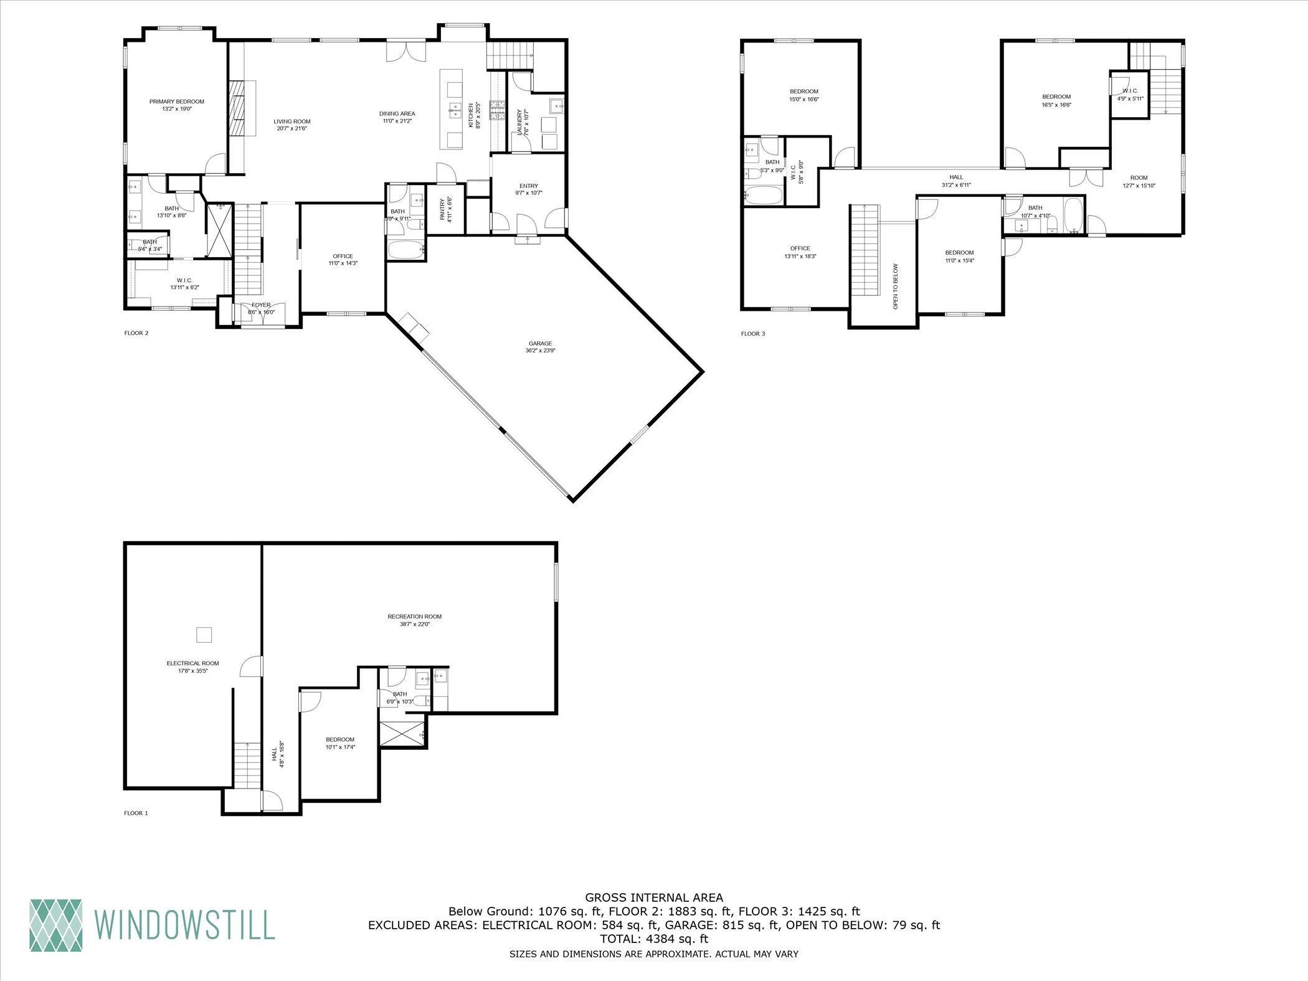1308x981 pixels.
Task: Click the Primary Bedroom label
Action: tap(176, 102)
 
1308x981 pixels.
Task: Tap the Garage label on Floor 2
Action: tap(540, 343)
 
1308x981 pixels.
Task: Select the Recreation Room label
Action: tap(414, 617)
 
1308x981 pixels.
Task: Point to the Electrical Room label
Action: tap(192, 663)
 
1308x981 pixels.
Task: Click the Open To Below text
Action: tap(896, 287)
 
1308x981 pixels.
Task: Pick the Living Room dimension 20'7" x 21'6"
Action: tap(292, 129)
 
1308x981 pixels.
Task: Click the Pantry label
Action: tap(442, 208)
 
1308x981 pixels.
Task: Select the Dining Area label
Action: tap(397, 113)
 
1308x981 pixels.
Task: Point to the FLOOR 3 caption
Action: tap(752, 334)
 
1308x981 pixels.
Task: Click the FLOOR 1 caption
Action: tap(136, 813)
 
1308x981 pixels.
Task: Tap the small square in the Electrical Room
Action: tap(205, 635)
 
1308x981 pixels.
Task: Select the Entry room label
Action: tap(528, 186)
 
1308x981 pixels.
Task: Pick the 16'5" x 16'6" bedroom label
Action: tap(1056, 97)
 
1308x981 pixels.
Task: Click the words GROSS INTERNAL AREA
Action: tap(654, 898)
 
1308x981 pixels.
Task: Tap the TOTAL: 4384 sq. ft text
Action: tap(654, 938)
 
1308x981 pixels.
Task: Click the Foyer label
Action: tap(261, 305)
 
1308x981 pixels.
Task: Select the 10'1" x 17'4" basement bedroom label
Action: tap(339, 739)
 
